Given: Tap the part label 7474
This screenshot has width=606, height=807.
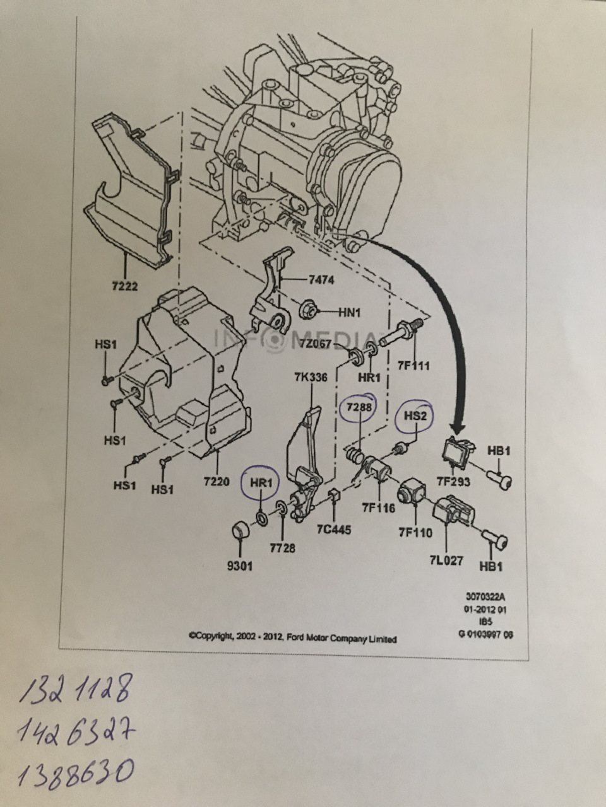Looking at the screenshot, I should pos(321,280).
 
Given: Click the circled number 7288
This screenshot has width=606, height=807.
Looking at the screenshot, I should pos(357,409).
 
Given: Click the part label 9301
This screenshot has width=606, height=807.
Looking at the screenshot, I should pos(240,566).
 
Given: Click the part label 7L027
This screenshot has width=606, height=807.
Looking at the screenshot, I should pos(446,560).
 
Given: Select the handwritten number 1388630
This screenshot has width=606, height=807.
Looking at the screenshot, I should pos(76,771).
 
